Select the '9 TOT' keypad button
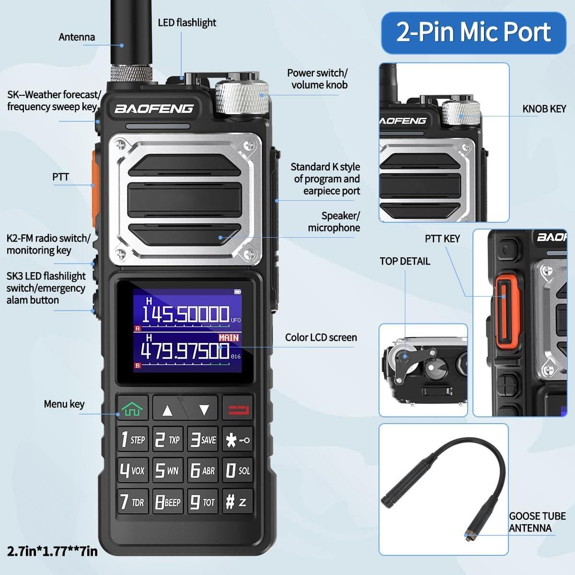coord(203,502)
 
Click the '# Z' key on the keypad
coord(237,502)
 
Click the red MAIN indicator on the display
coord(229,338)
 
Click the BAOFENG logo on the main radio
coord(154,109)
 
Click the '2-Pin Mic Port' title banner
coord(473,33)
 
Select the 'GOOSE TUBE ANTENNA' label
coord(537,522)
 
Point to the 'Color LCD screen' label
coord(321,337)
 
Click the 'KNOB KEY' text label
coord(544,109)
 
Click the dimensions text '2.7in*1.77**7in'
coord(52,551)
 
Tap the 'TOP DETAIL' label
coord(404,261)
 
